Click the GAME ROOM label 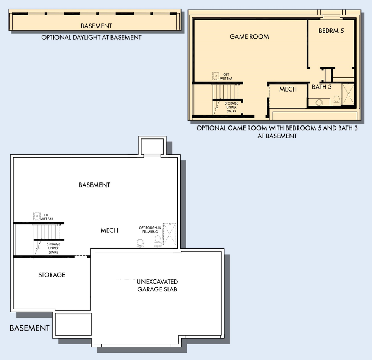click(249, 36)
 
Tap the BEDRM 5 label click(331, 31)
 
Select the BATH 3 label click(321, 87)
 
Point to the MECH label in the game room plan click(288, 89)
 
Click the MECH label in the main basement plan click(109, 230)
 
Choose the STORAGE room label click(52, 275)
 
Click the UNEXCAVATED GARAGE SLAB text click(157, 286)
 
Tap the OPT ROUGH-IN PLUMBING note click(150, 230)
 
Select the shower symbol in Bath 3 click(348, 94)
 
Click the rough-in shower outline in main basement click(169, 234)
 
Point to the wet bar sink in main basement click(37, 216)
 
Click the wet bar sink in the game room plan click(215, 76)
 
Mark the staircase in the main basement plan click(46, 232)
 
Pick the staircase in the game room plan click(225, 92)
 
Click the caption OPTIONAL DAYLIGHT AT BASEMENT click(92, 38)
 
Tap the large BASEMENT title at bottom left click(30, 328)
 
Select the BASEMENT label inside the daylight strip click(96, 26)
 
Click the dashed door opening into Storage click(81, 257)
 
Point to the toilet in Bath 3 click(336, 101)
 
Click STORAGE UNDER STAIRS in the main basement click(53, 248)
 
